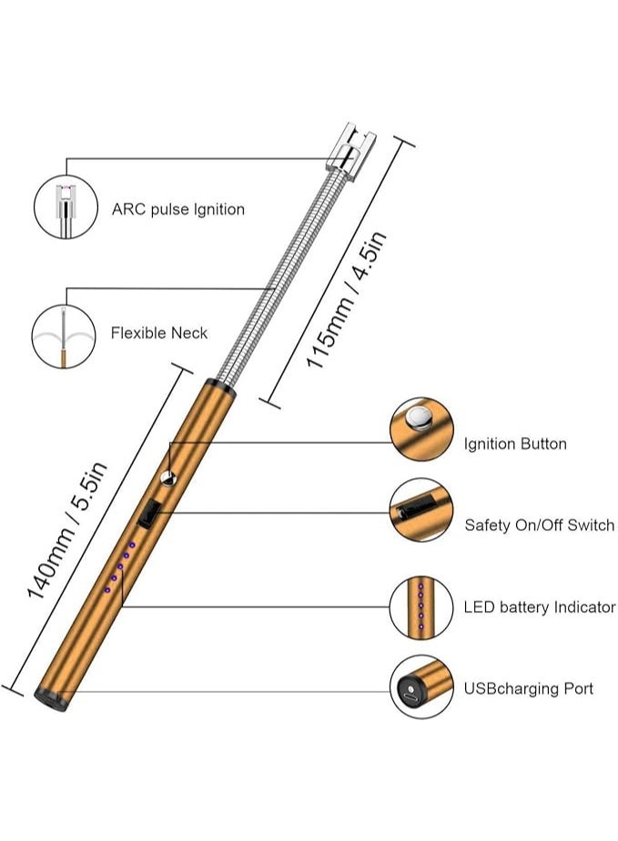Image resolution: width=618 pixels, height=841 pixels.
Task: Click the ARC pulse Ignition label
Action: click(177, 209)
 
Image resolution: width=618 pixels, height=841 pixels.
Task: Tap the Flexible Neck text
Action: click(158, 333)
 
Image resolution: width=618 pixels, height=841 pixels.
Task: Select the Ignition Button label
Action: click(514, 444)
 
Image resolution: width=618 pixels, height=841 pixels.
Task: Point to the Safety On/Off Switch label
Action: click(539, 526)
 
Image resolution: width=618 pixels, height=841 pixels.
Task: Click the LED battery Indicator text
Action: click(539, 607)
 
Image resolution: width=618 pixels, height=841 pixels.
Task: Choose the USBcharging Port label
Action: click(528, 688)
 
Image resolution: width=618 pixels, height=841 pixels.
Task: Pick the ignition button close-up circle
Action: click(420, 428)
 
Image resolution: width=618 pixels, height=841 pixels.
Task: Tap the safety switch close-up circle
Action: click(420, 510)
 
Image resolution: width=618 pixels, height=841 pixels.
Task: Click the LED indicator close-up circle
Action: click(420, 606)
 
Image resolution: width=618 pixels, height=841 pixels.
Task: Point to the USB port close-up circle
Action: click(420, 688)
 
